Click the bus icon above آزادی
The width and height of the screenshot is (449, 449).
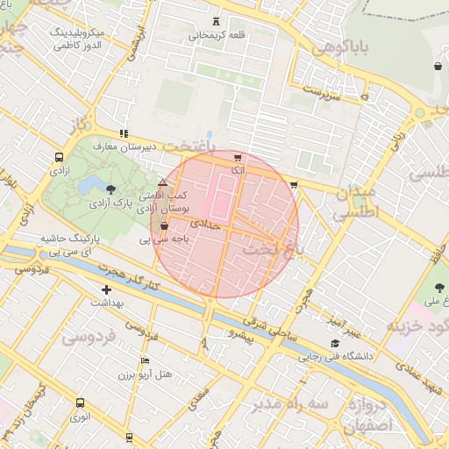tap(59, 159)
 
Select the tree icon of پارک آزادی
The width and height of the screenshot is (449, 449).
tap(110, 189)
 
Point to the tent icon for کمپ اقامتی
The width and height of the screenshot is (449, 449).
tap(162, 182)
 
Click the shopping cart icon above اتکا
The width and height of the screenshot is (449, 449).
tap(238, 157)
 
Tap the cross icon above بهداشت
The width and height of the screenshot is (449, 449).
tap(107, 289)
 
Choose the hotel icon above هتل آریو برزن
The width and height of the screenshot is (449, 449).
tap(145, 360)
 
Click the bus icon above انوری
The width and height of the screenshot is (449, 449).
tap(80, 403)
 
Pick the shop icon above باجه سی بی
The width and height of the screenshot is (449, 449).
tap(164, 226)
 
